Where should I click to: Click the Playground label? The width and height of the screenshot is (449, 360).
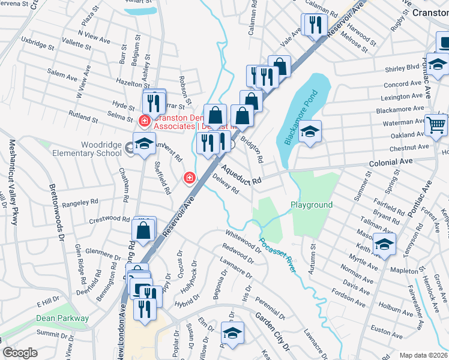[x=312, y=205]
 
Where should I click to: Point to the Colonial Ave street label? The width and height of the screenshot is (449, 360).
[x=394, y=162]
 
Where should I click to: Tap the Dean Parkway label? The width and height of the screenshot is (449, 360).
[x=62, y=319]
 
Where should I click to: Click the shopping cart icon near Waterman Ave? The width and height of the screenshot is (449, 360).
[x=436, y=124]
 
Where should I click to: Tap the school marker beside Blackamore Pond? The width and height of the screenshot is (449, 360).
[x=310, y=131]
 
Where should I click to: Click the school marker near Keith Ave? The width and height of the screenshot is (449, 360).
[x=384, y=244]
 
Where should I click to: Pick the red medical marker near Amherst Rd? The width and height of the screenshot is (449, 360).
[x=189, y=178]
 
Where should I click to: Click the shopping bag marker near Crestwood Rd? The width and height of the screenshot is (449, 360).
[x=144, y=230]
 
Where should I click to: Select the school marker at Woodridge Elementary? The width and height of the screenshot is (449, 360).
[x=143, y=144]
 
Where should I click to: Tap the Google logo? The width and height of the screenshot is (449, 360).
[x=20, y=352]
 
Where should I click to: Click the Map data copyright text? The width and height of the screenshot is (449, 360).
[x=424, y=355]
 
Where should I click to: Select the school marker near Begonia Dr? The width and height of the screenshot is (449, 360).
[x=232, y=333]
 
